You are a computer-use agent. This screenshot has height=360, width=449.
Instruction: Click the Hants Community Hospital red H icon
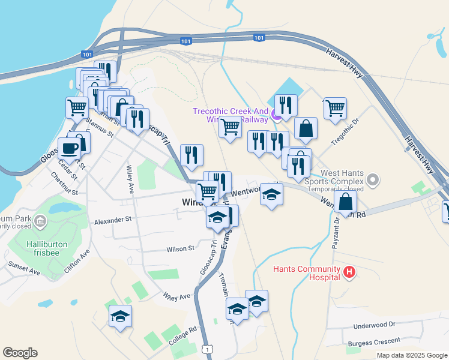(349, 274)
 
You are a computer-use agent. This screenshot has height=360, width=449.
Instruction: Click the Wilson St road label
(181, 248)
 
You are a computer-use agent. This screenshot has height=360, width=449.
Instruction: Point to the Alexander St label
(112, 220)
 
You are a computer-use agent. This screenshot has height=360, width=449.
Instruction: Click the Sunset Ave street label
(24, 268)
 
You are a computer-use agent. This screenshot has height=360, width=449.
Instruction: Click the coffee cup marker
(69, 148)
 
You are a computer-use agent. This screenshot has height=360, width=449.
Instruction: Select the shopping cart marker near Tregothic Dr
(334, 108)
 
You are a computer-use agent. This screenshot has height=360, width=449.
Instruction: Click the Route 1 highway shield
(206, 349)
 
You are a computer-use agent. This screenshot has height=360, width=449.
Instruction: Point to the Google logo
(20, 353)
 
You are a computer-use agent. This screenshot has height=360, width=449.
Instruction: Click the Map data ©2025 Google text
(411, 355)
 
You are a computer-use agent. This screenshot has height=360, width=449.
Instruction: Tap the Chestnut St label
(64, 184)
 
